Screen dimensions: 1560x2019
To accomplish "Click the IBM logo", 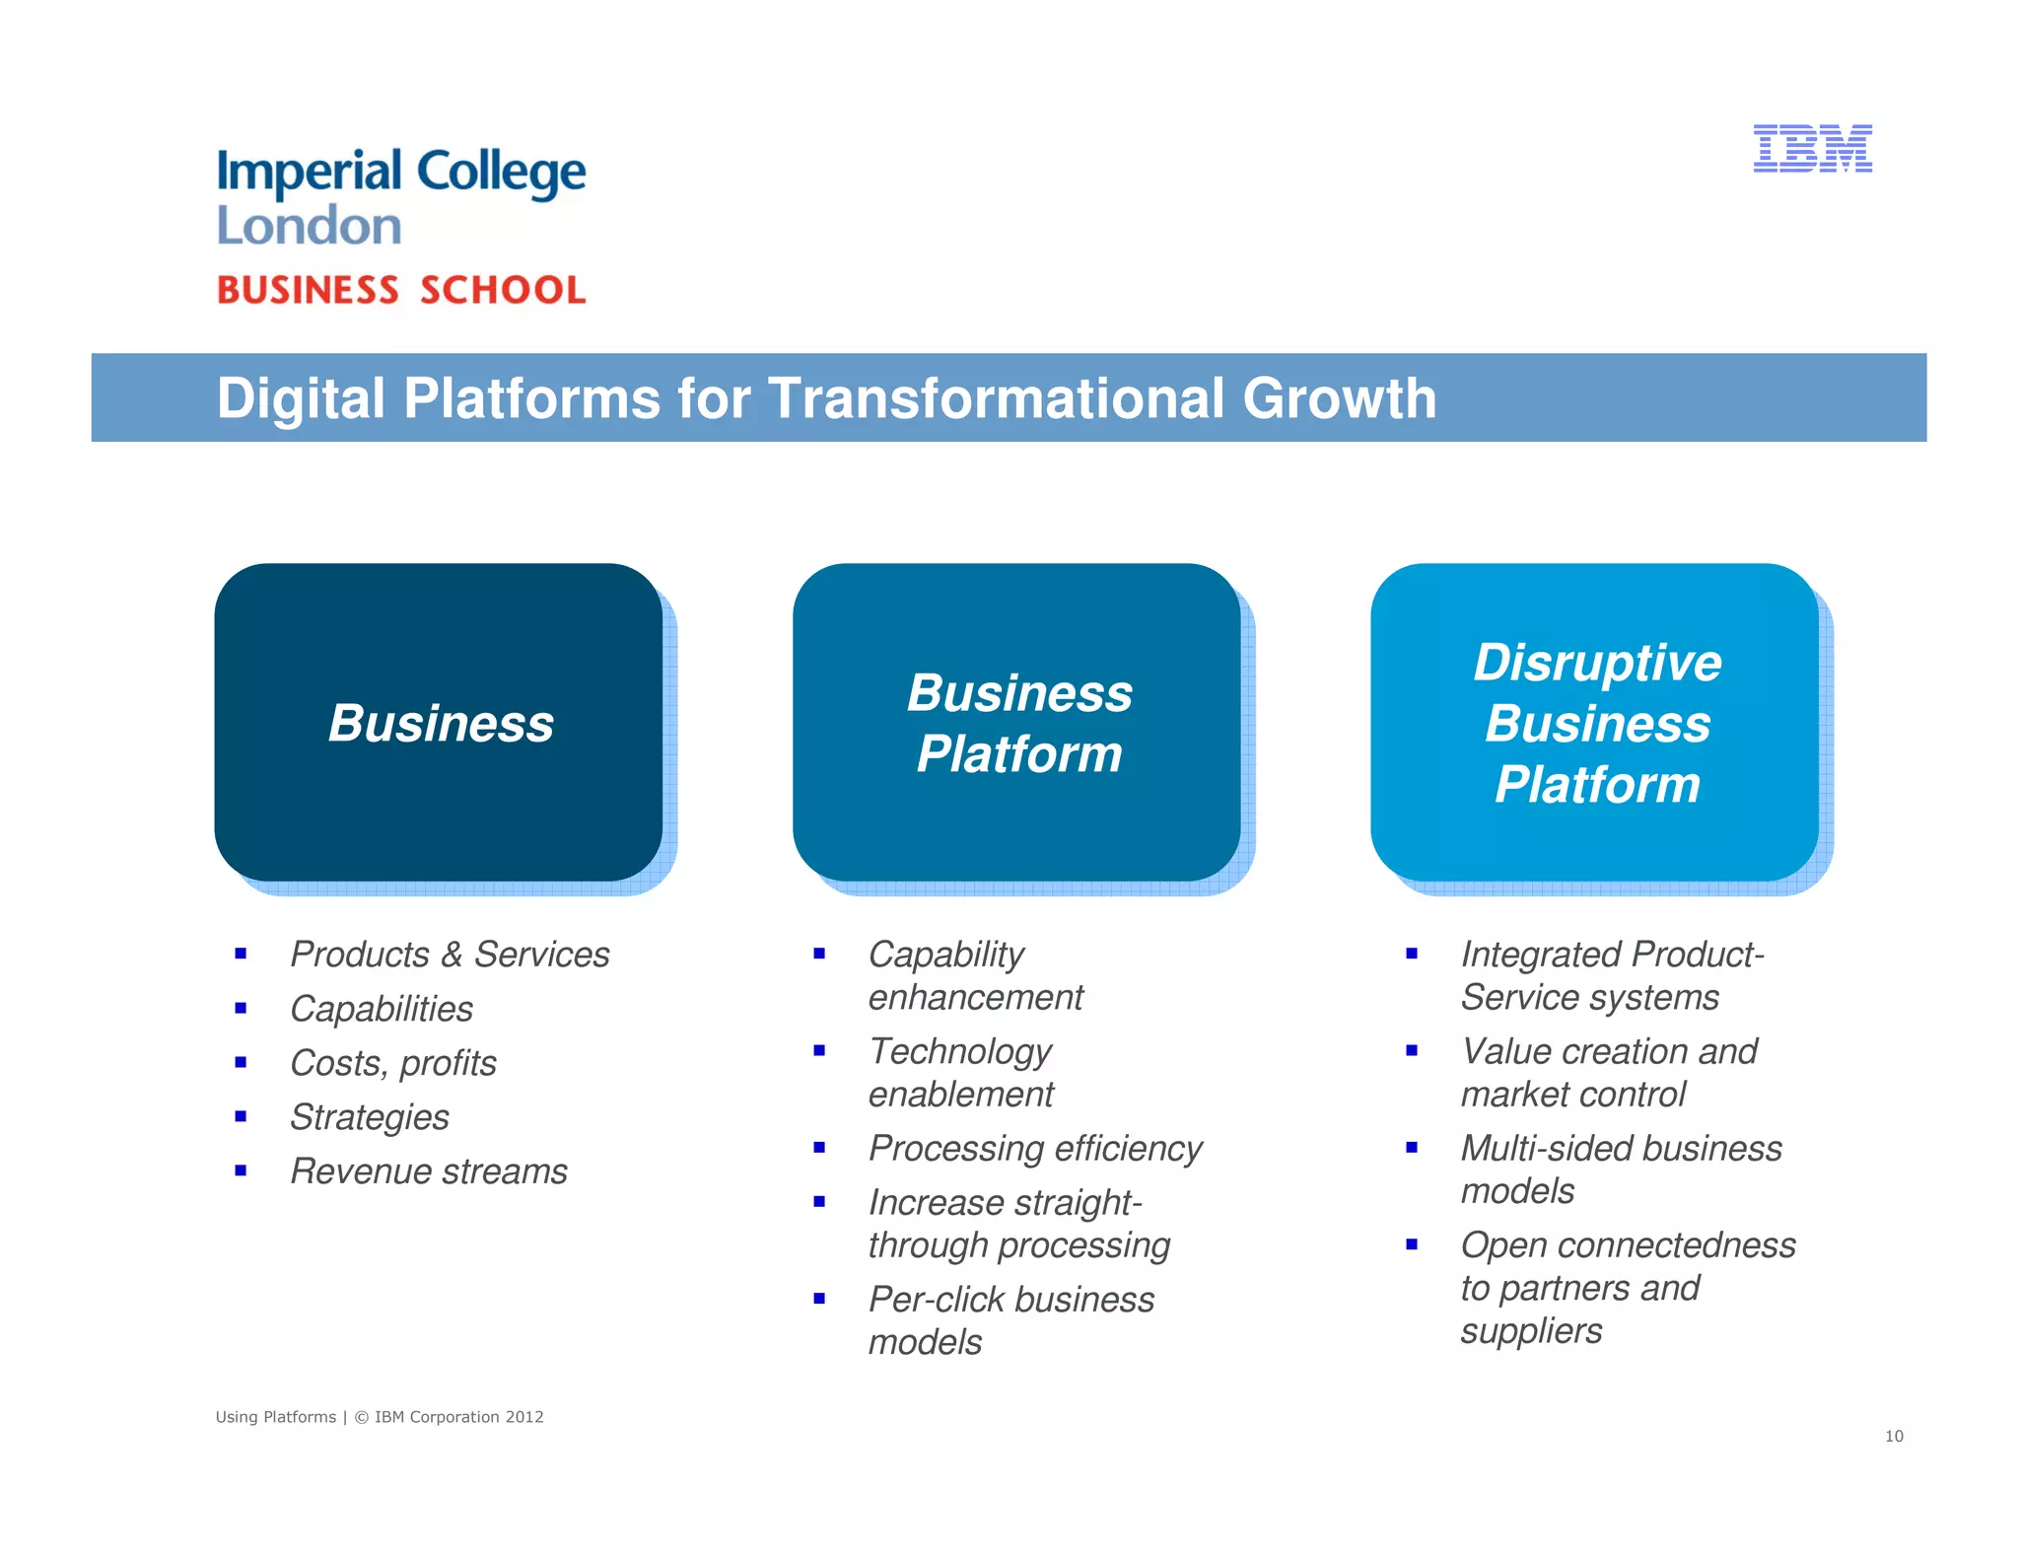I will click(x=1812, y=149).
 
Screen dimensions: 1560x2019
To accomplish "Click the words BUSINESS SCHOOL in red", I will click(x=401, y=290).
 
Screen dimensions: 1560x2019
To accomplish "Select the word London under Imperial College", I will click(x=309, y=226).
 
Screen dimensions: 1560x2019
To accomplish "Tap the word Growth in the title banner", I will click(x=1339, y=398).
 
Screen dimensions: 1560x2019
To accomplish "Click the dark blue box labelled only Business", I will click(x=439, y=722).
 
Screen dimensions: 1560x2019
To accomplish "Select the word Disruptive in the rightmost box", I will click(x=1597, y=662).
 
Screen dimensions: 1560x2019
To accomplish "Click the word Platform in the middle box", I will click(x=1019, y=754).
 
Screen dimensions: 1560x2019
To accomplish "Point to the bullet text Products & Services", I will click(x=450, y=955).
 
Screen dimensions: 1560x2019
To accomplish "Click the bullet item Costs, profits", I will click(x=393, y=1063).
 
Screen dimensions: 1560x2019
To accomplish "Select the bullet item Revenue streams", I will click(x=429, y=1171).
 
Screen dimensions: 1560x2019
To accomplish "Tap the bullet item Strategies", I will click(x=370, y=1117).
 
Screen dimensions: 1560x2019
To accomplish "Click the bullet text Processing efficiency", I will click(x=1035, y=1149).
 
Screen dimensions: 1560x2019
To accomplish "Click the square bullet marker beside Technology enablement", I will click(x=819, y=1051).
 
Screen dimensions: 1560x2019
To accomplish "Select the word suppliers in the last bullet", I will click(x=1531, y=1331).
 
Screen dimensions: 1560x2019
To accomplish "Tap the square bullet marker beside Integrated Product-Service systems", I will click(x=1412, y=954).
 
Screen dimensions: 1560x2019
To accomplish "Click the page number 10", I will click(x=1894, y=1436).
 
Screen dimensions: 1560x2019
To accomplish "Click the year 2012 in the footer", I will click(x=524, y=1417).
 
